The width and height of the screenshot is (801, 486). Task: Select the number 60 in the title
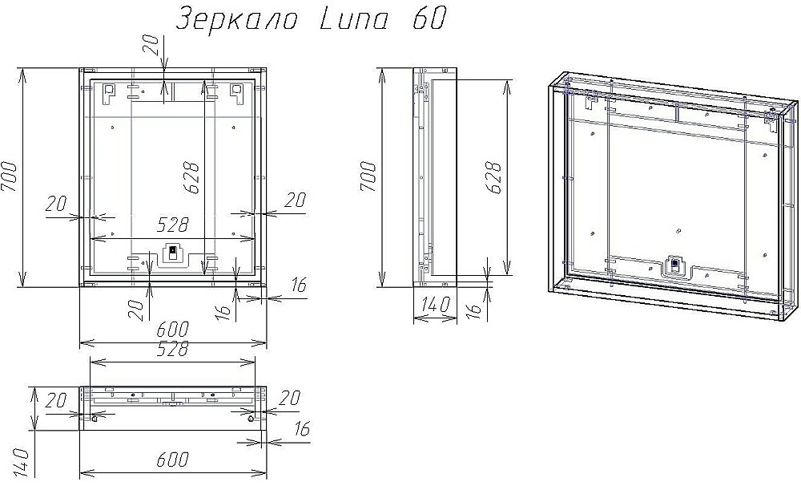pos(429,19)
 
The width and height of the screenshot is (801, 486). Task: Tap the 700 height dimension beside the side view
pos(369,177)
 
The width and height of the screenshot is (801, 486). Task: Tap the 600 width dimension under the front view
pos(172,330)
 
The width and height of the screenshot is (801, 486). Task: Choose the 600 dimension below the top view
pos(172,460)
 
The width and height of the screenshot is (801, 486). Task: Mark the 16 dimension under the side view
pos(473,307)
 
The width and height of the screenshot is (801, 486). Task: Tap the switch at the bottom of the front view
pos(171,253)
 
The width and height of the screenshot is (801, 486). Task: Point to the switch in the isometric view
pos(674,264)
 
